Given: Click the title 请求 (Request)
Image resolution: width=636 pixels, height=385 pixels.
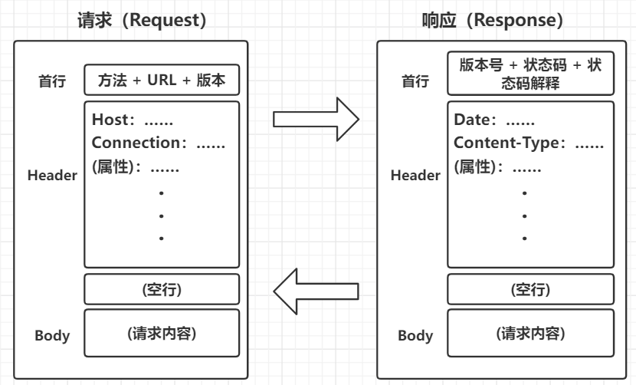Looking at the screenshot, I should tap(142, 20).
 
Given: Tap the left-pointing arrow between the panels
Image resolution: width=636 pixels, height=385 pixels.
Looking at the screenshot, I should tap(316, 290).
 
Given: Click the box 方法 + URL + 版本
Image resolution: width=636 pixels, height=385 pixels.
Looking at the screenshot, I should tap(162, 80).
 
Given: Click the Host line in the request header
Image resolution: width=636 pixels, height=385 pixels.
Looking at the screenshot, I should tap(133, 120).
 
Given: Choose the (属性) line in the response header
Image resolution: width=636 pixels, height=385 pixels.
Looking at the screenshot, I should tap(495, 166).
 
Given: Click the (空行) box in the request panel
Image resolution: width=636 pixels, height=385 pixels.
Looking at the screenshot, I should tap(162, 289).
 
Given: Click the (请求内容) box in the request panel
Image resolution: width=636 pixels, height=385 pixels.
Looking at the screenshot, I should tap(162, 334).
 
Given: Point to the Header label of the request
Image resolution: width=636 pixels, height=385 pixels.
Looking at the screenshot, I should tap(53, 176).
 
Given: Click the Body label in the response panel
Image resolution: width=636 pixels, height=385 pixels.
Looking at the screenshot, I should tap(415, 336).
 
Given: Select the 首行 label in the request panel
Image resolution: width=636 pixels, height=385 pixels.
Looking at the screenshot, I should tap(52, 81).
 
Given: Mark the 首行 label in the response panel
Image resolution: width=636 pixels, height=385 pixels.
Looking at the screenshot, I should tap(415, 81).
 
